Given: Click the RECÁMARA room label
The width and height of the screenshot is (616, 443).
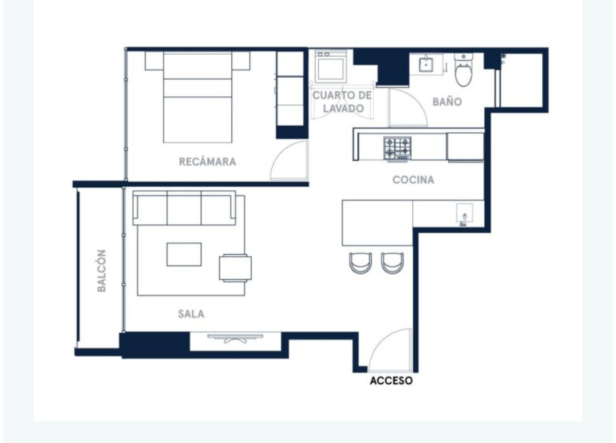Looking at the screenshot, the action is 207,162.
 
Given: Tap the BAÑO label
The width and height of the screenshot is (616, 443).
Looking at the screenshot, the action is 447,102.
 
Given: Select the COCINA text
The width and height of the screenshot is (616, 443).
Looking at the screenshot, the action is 413,180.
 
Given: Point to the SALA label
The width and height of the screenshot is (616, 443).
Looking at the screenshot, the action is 191,314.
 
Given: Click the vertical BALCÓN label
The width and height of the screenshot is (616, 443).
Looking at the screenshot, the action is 102,270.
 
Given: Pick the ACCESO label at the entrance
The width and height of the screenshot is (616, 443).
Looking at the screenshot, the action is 391,381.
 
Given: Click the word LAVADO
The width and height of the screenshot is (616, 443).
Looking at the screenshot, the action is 343,108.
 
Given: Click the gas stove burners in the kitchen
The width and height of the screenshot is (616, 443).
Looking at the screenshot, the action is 397,149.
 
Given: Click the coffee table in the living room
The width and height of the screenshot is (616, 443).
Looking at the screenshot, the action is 184,254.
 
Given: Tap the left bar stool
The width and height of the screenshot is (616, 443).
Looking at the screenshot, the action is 361,263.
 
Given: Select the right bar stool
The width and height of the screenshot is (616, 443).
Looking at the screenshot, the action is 392,263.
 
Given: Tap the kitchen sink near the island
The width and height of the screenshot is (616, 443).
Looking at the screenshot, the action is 464,214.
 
